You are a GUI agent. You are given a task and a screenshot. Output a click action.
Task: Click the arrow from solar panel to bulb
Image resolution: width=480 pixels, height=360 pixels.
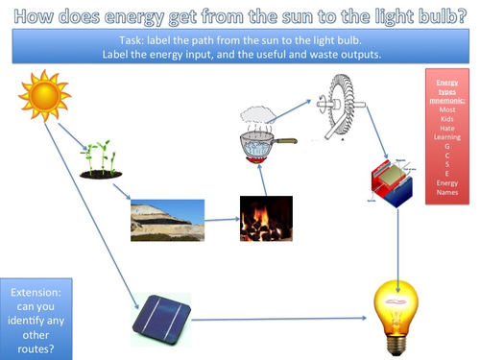point(278,317)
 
